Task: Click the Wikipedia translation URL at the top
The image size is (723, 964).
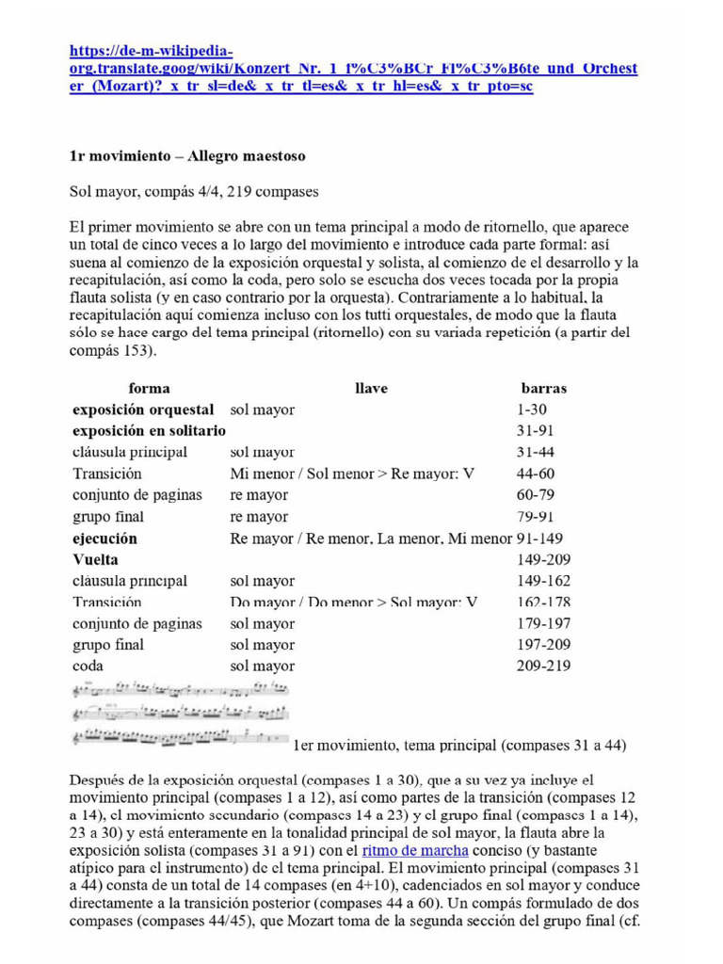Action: [353, 68]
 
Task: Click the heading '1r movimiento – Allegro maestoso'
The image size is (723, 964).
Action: [187, 154]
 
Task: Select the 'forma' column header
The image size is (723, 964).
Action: [149, 388]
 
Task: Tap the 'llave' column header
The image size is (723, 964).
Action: [371, 388]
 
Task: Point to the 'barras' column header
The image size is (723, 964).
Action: [544, 388]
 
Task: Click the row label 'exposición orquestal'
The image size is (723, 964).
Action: [143, 410]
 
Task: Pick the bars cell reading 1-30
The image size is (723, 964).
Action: [532, 410]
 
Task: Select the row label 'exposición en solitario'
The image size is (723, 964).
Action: [149, 431]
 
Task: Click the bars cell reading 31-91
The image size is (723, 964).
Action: [536, 431]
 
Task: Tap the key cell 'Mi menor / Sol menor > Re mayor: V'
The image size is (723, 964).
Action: [353, 474]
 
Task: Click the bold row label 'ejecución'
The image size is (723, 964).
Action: [104, 538]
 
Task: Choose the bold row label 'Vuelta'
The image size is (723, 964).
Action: [95, 559]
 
